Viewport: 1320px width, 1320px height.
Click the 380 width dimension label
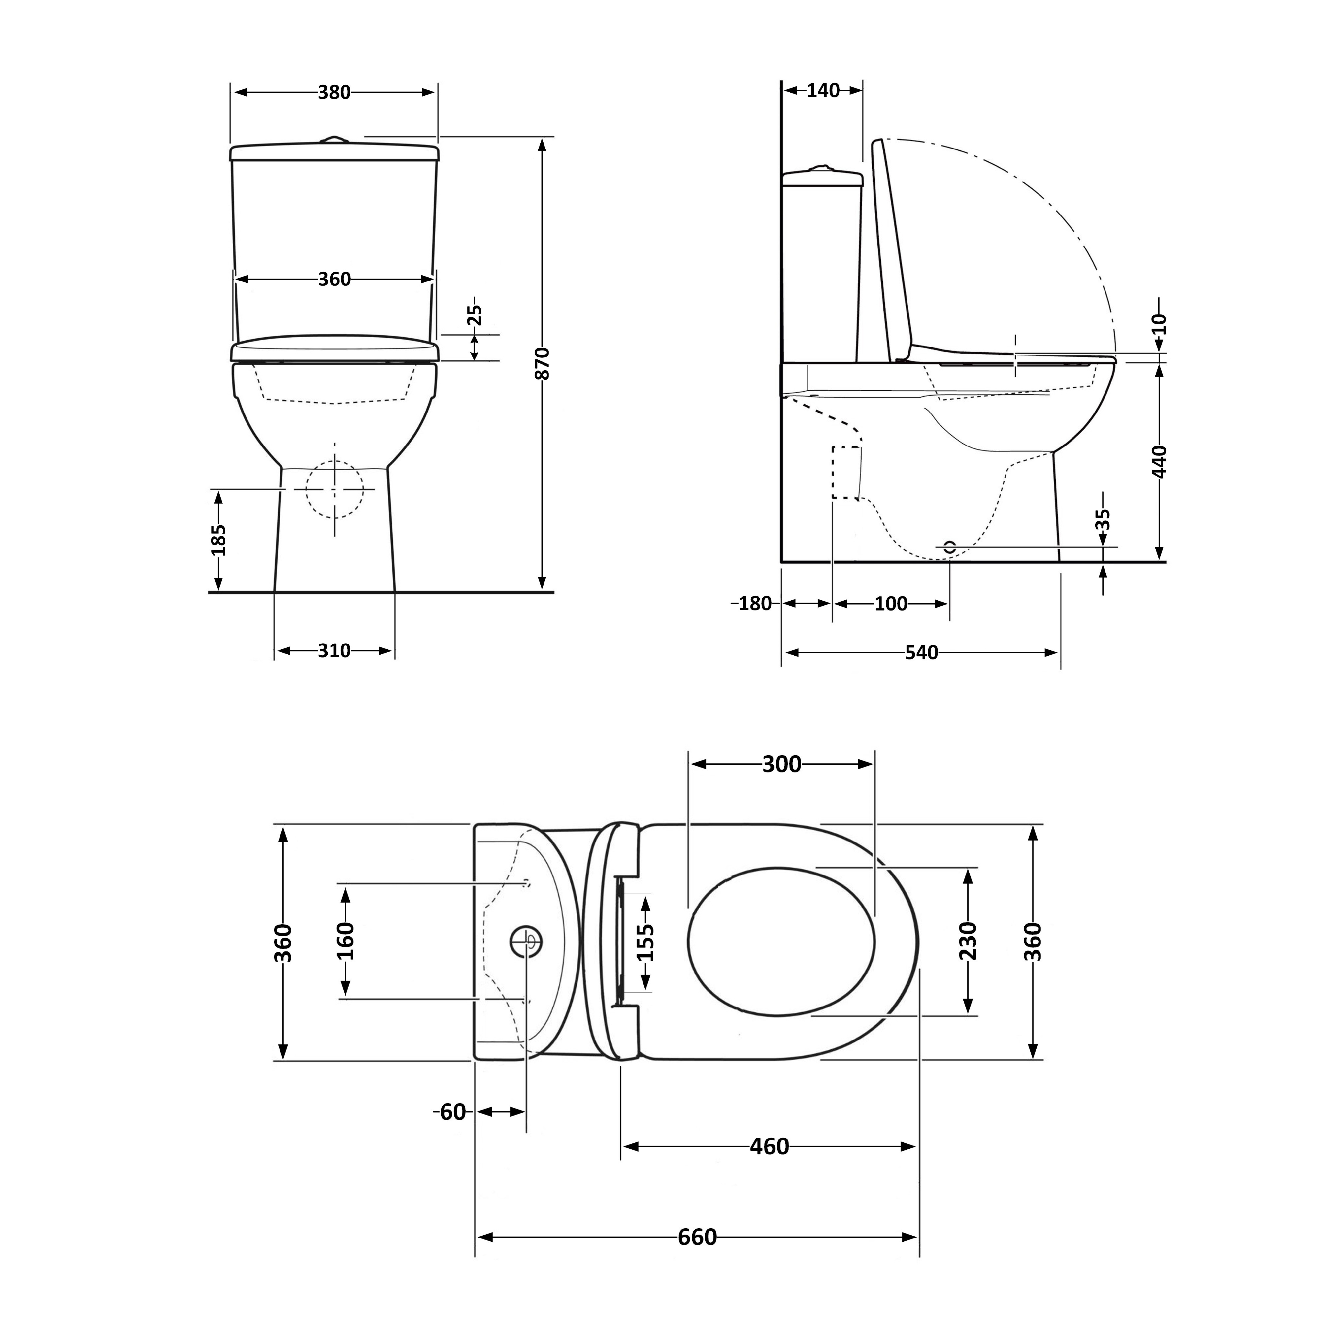click(x=334, y=92)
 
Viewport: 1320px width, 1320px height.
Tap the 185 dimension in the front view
click(x=218, y=540)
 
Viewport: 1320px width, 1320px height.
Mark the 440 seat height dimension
click(x=1159, y=461)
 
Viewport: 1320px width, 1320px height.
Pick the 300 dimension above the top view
click(x=782, y=764)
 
